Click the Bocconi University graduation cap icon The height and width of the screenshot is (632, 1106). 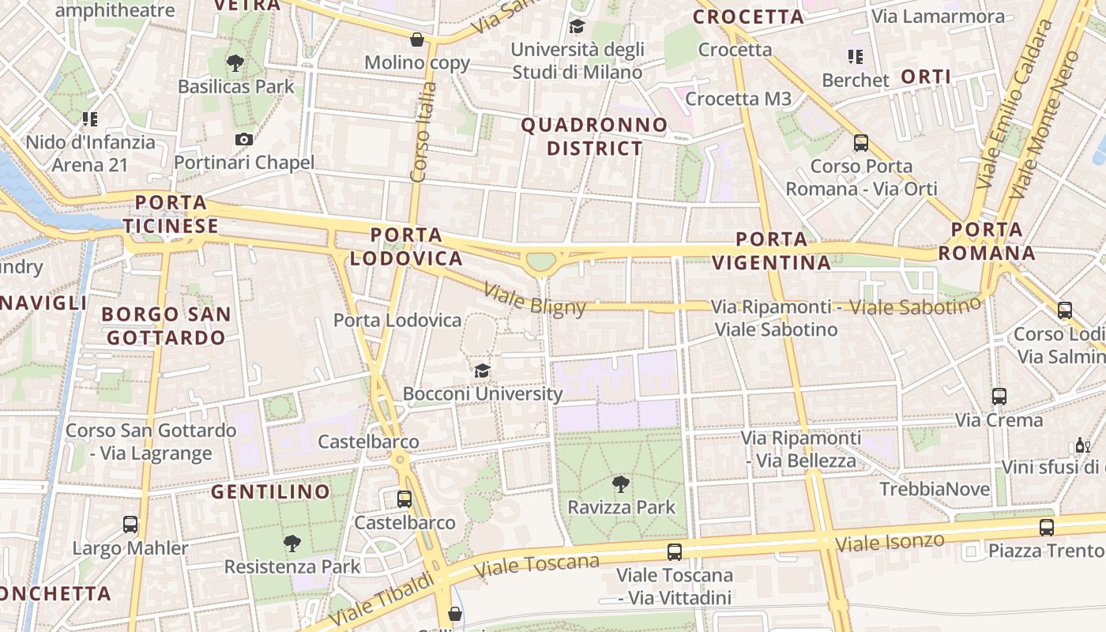482,371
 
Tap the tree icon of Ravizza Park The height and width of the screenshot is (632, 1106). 621,483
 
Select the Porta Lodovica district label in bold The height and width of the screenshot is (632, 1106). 406,246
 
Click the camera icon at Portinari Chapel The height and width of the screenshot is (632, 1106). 244,140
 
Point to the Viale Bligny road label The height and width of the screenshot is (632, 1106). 535,299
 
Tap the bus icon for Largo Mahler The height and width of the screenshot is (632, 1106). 130,525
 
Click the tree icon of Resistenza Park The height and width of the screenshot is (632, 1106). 292,543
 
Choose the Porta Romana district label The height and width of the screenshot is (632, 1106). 987,242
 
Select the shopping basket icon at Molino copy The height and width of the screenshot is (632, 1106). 416,39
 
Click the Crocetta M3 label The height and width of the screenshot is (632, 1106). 738,99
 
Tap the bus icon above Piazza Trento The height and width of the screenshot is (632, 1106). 1047,527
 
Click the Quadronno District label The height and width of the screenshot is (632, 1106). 594,137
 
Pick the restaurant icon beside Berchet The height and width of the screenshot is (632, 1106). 856,57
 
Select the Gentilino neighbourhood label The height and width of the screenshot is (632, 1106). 270,492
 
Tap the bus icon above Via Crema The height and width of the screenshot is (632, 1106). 999,397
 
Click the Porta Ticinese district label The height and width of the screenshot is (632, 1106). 171,214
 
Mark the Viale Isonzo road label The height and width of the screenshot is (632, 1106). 890,543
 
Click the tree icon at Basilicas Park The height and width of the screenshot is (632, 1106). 235,63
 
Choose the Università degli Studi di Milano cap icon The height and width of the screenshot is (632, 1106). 577,26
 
